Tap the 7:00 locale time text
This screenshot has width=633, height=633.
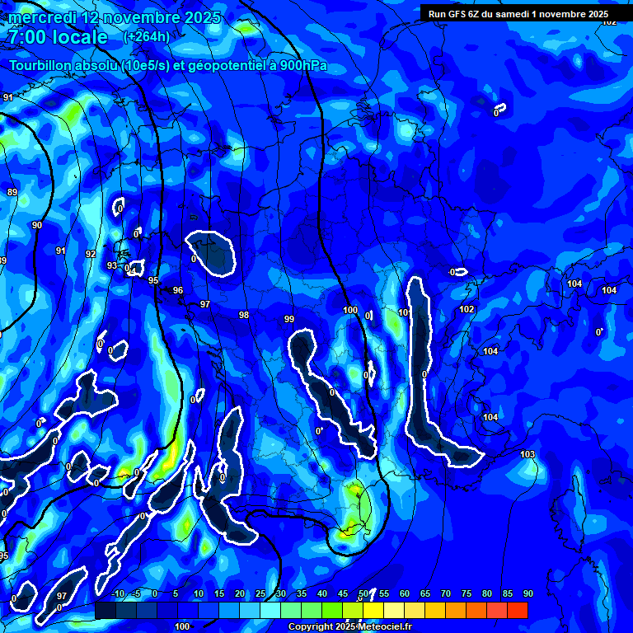[x=58, y=37]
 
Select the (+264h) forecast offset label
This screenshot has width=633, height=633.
[x=146, y=37]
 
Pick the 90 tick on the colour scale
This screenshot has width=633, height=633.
[x=527, y=594]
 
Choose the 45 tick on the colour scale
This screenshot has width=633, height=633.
[x=343, y=594]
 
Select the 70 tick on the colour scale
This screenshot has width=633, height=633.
[x=446, y=594]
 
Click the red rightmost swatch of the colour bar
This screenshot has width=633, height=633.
[x=518, y=610]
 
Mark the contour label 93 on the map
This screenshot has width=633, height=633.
[x=112, y=265]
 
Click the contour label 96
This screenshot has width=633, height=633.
[x=178, y=290]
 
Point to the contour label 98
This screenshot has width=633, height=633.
[x=244, y=315]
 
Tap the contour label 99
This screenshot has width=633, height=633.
[x=288, y=319]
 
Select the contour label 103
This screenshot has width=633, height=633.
[x=528, y=454]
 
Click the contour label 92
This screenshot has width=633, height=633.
[x=91, y=254]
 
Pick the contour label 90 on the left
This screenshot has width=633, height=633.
[x=37, y=225]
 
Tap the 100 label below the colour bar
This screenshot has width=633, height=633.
[x=182, y=626]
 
